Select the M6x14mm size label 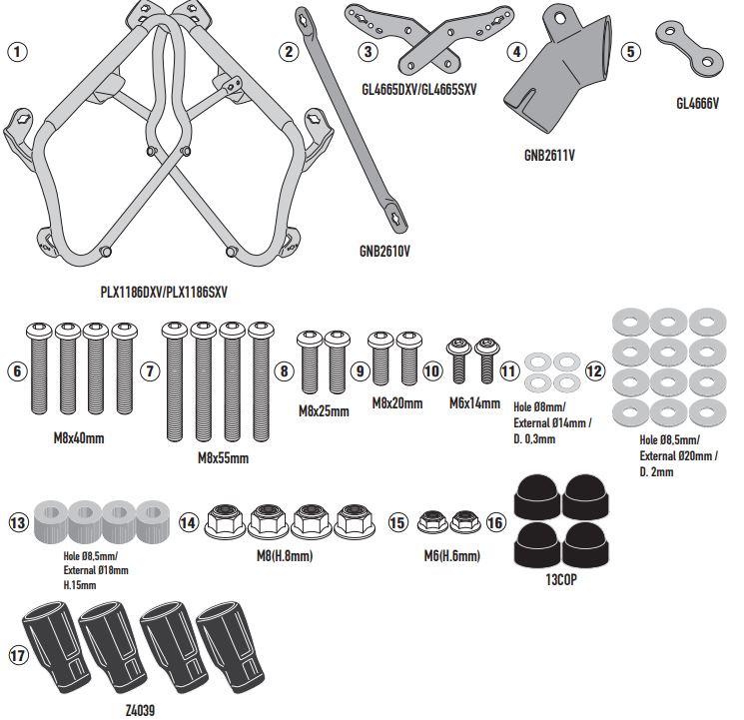click(473, 403)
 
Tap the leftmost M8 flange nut click(223, 520)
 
